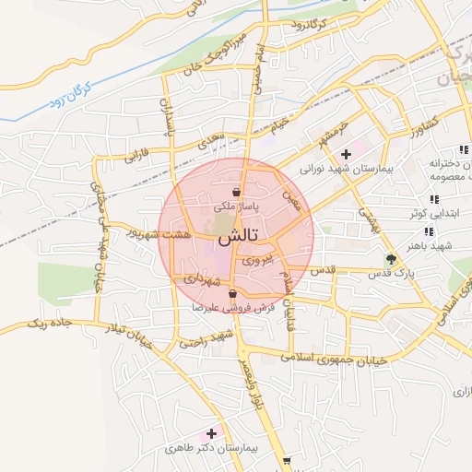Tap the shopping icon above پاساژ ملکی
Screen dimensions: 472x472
point(236,193)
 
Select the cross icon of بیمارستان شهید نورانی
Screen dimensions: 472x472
point(346,154)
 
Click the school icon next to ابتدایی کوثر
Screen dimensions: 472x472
point(432,199)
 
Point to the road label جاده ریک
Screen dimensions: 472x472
point(52,324)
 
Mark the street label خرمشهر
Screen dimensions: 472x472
point(326,131)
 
